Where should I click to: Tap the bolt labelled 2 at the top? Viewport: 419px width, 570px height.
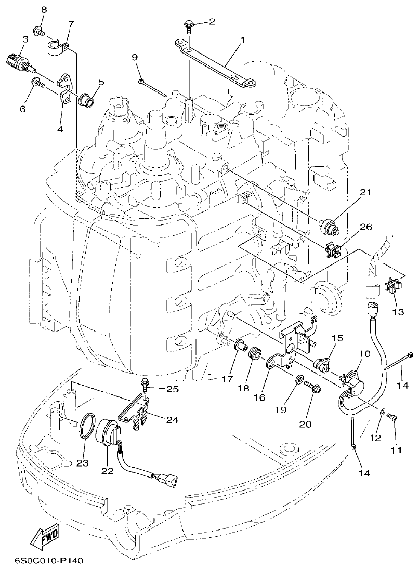188,24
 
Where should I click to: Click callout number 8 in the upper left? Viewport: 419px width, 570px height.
44,10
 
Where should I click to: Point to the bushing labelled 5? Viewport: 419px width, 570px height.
86,99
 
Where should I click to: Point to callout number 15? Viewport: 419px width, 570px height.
337,338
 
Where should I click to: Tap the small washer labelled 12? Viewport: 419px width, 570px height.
382,412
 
